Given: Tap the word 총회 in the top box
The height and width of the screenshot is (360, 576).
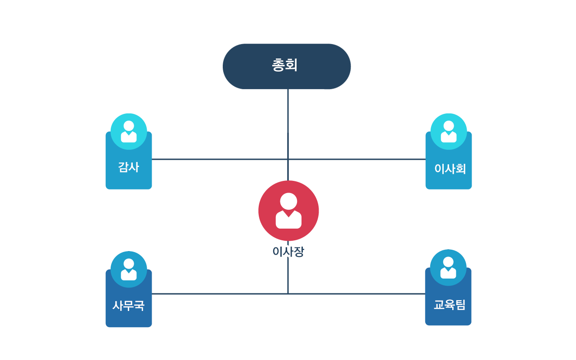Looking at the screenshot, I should click(285, 66).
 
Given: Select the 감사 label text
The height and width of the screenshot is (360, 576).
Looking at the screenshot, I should click(129, 167).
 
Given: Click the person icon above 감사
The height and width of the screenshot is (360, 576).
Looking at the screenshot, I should click(129, 131).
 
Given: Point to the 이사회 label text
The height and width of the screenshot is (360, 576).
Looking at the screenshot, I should click(450, 169).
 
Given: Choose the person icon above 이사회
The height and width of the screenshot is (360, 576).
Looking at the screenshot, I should click(448, 131).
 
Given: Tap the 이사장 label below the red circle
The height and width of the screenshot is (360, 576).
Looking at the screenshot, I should click(288, 252).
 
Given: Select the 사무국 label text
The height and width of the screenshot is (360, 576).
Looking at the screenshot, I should click(129, 306).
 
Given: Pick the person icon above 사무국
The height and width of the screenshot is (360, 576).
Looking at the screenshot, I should click(129, 269).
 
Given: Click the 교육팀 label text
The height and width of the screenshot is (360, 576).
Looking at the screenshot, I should click(449, 305).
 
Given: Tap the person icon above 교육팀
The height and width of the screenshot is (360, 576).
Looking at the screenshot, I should click(448, 267).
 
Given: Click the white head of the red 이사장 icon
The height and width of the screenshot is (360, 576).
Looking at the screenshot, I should click(288, 201).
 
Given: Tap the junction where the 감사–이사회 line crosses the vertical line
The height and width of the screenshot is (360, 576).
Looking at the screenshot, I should click(288, 159).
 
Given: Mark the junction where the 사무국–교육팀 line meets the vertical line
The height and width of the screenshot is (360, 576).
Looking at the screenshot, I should click(288, 294).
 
